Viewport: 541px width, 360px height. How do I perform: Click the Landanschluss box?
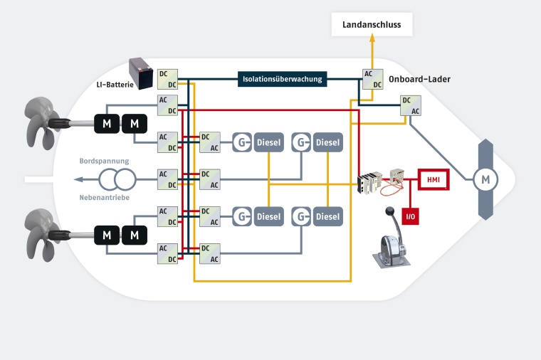372,25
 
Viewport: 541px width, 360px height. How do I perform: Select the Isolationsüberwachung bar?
283,79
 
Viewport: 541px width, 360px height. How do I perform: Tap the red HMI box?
433,180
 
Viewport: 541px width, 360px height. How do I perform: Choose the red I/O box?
410,216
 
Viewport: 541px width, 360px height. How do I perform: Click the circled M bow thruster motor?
485,179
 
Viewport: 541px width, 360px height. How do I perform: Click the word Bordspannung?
104,162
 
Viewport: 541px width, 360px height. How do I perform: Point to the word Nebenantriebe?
104,197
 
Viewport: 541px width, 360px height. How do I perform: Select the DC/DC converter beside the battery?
167,79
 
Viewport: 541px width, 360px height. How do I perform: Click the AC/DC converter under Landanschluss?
372,79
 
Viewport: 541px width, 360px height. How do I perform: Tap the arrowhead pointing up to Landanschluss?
372,41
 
